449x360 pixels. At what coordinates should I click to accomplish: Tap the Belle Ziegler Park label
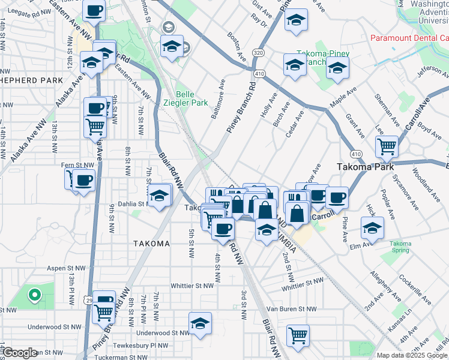coord(192,98)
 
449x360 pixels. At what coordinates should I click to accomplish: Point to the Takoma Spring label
coord(400,247)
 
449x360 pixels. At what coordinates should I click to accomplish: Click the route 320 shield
coord(258,52)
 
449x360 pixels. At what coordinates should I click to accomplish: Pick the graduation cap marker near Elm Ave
coord(372,227)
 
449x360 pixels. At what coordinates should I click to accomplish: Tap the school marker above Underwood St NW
coord(200,323)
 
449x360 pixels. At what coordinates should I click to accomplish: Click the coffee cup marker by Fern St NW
coord(84,179)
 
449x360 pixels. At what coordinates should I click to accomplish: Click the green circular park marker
coord(35,294)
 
